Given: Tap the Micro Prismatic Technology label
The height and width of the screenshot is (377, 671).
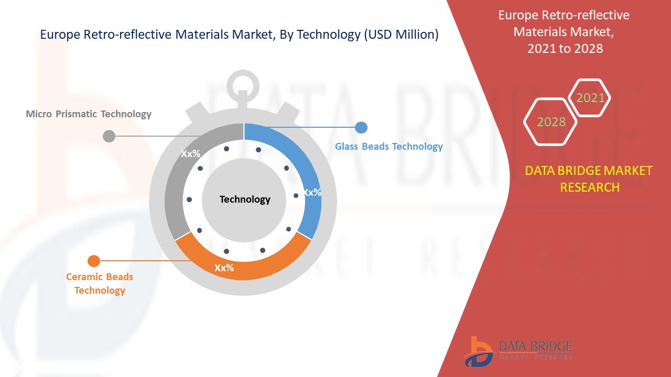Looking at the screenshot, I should coord(89,114).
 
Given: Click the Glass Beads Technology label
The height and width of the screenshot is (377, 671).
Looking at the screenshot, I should coord(389,147).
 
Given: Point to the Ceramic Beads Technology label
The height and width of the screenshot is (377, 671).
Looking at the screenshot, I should coord(100,283).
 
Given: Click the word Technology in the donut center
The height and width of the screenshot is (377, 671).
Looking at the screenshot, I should coord(245,199).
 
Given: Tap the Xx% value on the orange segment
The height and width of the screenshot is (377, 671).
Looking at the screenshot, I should coord(224,268).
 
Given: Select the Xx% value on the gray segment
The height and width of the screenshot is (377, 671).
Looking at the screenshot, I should coord(191,154).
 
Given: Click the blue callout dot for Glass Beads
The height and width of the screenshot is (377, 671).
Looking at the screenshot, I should coord(361,127).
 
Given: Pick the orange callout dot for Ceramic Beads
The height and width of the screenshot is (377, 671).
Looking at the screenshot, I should coord(94,260).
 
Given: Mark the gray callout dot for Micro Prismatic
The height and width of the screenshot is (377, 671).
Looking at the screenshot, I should coord(109,136).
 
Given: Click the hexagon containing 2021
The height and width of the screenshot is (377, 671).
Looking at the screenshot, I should coord(590,98).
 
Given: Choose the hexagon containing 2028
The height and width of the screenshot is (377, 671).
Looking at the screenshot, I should coord(551,121).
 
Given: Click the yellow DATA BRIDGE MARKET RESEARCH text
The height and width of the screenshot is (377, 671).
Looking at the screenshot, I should coord(589,179).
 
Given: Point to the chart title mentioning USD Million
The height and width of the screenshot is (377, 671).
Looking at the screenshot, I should coord(239,35).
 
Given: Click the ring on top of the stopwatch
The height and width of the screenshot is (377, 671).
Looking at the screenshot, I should coord(243,83).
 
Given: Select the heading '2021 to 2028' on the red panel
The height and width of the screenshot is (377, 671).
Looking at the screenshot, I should coord(565,49).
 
